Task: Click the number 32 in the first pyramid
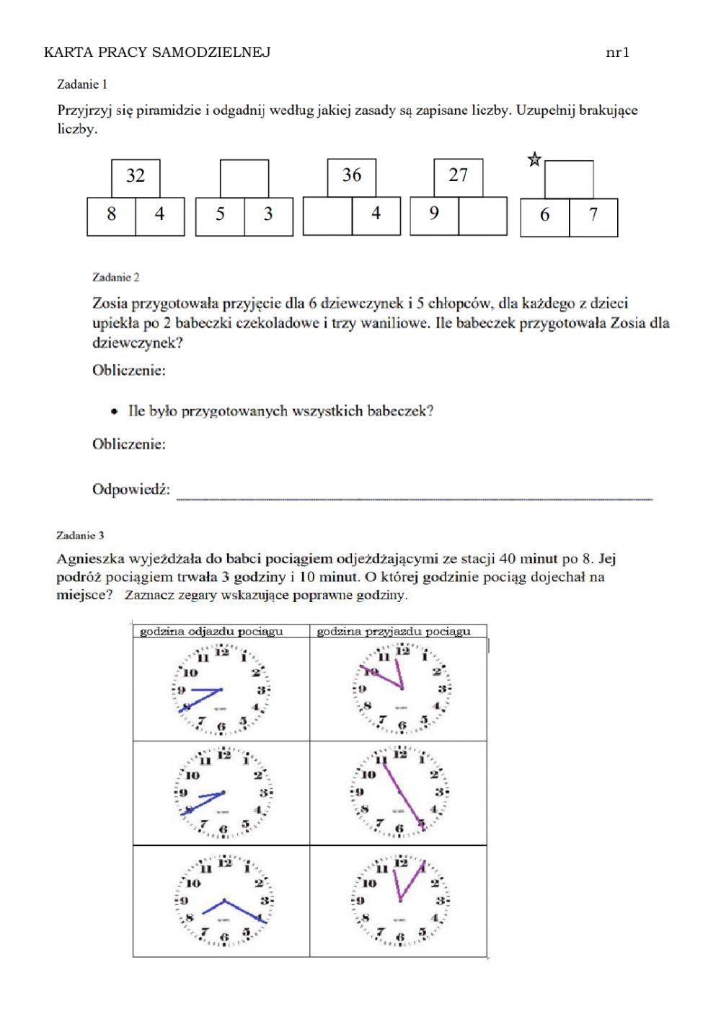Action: tap(136, 176)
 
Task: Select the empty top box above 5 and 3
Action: tap(244, 179)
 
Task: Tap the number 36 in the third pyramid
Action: tap(351, 175)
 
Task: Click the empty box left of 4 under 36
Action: tap(327, 215)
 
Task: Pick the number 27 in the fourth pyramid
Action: tap(458, 175)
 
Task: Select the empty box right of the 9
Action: tap(482, 215)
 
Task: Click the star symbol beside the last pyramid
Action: tap(534, 159)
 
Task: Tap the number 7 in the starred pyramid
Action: tap(593, 215)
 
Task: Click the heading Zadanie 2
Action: tap(116, 277)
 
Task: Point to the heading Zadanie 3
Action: tap(81, 535)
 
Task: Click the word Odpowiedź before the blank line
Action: tap(131, 490)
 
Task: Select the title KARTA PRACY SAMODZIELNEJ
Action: tap(157, 52)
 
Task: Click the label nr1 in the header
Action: tap(618, 52)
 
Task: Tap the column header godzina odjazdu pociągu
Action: tap(211, 632)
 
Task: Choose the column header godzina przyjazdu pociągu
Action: tap(394, 632)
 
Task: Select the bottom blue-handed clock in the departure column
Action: tap(224, 901)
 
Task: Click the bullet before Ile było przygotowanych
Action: tap(114, 412)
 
